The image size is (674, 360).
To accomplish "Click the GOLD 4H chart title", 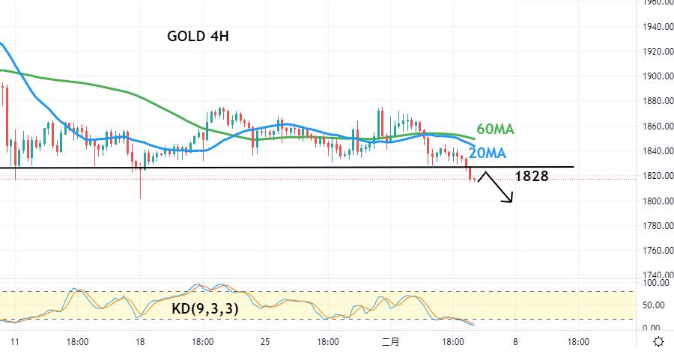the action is pos(198,36).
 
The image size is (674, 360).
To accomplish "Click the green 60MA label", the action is pos(495,129).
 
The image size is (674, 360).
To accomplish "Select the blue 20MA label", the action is pos(488,153).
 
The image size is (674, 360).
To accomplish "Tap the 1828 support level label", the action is pos(532,176).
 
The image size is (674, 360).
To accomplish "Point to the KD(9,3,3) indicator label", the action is pos(204,308).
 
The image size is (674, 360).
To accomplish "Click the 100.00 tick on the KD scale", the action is pos(655,283).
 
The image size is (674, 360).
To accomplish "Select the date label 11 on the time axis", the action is pos(15,342).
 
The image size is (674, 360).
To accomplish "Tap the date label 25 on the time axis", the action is pos(265,342).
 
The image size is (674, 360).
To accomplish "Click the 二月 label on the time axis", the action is pos(390,342).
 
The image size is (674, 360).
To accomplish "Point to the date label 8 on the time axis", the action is pos(515,342).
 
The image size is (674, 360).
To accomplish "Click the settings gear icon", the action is pos(658,342).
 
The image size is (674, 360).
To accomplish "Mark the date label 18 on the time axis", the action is pos(140,342).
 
